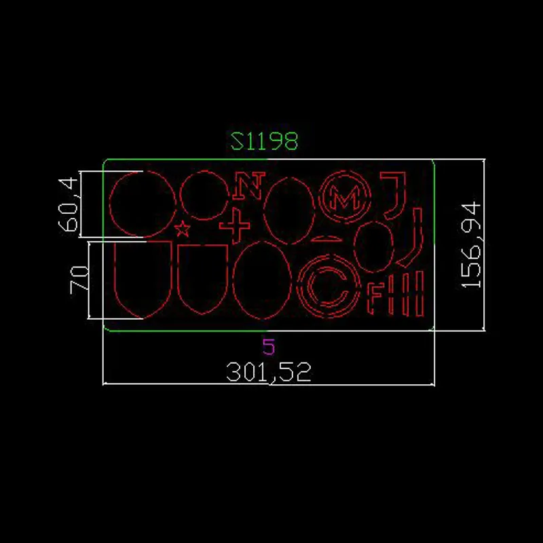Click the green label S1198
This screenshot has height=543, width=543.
coord(264,141)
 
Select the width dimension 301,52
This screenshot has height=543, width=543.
coord(268,372)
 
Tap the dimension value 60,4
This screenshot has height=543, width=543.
coord(69,204)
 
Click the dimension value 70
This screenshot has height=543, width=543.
coord(79,280)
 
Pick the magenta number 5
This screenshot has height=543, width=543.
coord(268,348)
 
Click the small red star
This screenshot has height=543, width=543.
coord(182,229)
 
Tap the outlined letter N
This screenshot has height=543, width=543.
coord(249,185)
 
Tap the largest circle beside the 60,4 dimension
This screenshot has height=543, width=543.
coord(143,204)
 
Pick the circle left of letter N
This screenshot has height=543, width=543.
coord(204,196)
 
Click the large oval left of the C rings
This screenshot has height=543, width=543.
coord(262,280)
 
